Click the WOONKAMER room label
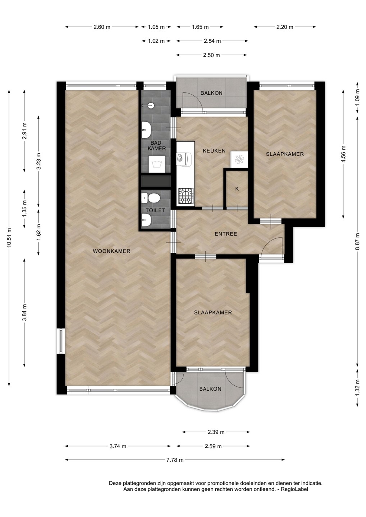(x=111, y=251)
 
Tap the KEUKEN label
(x=214, y=151)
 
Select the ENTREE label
(x=226, y=234)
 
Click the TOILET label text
(x=156, y=210)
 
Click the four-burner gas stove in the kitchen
(x=186, y=195)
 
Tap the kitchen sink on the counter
(x=184, y=159)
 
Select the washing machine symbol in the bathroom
(x=156, y=164)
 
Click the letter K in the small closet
(x=237, y=189)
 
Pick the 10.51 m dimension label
(x=9, y=238)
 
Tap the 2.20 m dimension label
(x=285, y=27)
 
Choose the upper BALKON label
(x=211, y=93)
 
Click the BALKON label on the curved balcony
(x=210, y=389)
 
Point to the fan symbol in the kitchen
(x=238, y=159)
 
